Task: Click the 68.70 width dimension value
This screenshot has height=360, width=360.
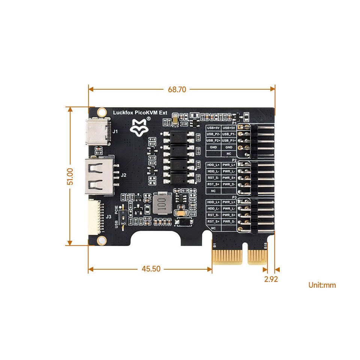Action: click(177, 90)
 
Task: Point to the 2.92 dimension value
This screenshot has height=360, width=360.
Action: click(271, 279)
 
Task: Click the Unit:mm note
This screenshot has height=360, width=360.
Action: click(322, 285)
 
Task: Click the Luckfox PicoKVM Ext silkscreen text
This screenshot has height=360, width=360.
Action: click(140, 112)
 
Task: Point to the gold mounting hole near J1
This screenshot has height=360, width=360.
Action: click(101, 112)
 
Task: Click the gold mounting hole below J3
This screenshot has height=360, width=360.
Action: click(100, 240)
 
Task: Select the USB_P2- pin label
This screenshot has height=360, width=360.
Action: click(213, 134)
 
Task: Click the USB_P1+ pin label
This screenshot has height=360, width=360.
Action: click(229, 140)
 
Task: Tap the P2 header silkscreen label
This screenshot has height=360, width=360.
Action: click(234, 159)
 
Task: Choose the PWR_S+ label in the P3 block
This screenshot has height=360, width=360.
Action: click(229, 215)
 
